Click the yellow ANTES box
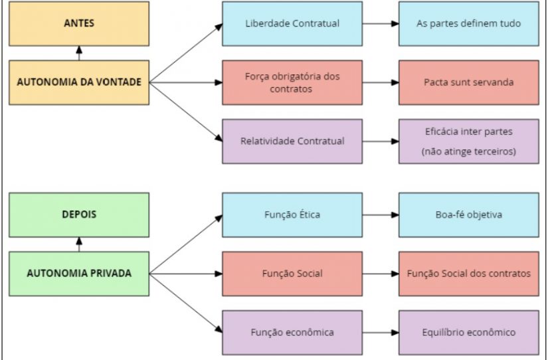tap(79, 24)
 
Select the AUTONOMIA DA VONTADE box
tap(79, 82)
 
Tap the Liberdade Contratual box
tap(292, 24)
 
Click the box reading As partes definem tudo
tap(469, 24)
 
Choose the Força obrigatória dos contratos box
tap(292, 82)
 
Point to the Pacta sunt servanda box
tap(469, 82)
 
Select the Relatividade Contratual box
tap(292, 141)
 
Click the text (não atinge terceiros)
tap(469, 151)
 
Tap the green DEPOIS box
tap(79, 215)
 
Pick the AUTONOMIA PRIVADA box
tap(79, 274)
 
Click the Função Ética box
tap(292, 215)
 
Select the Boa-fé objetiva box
tap(469, 215)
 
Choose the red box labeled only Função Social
tap(292, 274)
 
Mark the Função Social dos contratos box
tap(469, 274)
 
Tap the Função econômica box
tap(292, 332)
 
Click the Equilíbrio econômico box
tap(469, 332)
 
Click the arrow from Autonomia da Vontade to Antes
tap(79, 53)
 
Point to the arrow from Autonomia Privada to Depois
tap(79, 244)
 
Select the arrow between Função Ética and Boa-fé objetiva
tap(381, 215)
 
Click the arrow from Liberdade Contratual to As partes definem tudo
tap(381, 24)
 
